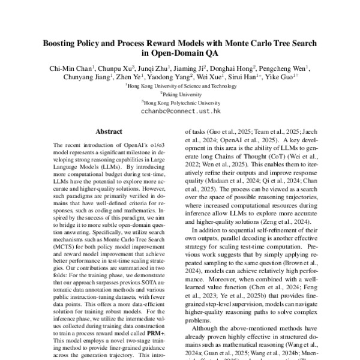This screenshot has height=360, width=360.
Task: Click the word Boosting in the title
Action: [x=60, y=44]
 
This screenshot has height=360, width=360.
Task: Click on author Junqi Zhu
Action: [x=155, y=68]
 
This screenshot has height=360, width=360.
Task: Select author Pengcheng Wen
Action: [x=286, y=68]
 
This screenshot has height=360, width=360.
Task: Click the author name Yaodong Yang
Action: [x=169, y=77]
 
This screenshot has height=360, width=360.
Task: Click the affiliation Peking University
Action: [x=179, y=94]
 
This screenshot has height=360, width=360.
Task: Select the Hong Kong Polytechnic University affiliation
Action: [x=179, y=103]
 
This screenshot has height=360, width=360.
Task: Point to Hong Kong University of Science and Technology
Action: [x=179, y=86]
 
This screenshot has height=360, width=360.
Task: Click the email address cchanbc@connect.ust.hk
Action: [x=179, y=112]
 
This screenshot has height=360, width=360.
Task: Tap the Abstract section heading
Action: [x=109, y=131]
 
